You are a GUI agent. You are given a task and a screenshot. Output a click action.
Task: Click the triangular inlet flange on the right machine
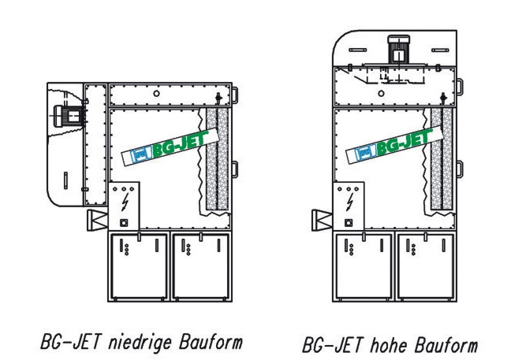click(x=322, y=218)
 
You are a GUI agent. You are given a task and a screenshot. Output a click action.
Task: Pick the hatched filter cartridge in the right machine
click(x=438, y=161)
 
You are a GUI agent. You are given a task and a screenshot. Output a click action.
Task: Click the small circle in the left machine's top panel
click(x=157, y=94)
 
